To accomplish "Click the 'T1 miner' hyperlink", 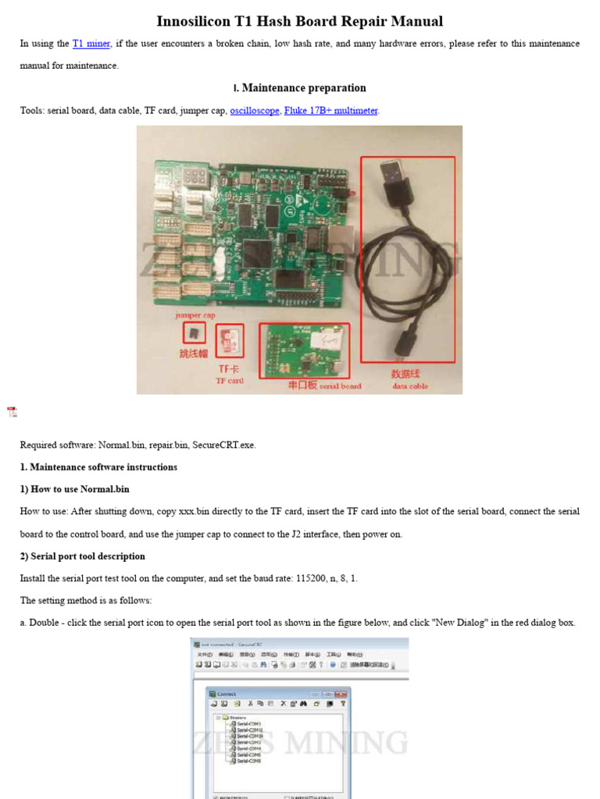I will coord(91,44).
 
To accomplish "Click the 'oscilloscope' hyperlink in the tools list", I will coord(254,111).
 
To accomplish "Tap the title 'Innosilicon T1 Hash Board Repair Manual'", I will coord(300,21).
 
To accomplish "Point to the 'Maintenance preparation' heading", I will coord(304,88).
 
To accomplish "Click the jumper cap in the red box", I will coord(194,333).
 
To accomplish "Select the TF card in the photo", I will coord(230,339).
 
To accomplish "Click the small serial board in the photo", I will coord(305,350).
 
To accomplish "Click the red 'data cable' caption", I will coord(410,385).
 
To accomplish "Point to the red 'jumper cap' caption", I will coord(195,315).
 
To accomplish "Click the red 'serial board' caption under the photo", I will coord(341,385).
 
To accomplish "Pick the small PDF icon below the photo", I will coord(12,412).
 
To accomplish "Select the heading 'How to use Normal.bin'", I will coord(80,489).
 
